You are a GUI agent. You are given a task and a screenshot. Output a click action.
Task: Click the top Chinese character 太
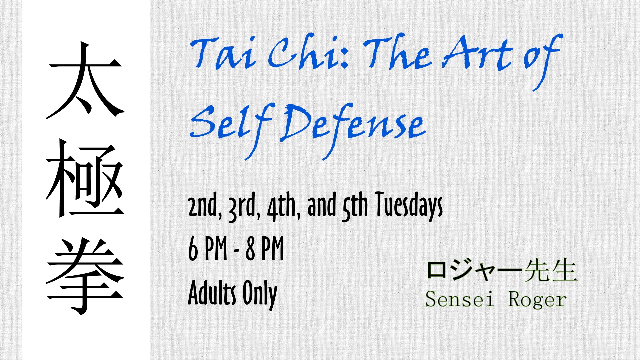85,80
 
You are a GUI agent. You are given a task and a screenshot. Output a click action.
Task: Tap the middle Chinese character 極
85,178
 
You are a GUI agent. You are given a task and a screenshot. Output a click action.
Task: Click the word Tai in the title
223,53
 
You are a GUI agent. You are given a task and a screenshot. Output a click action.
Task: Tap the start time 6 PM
208,248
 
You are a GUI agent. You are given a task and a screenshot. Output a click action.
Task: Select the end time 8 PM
265,248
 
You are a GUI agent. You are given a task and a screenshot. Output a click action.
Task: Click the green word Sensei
459,299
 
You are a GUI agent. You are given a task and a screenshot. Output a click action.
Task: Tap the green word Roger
537,300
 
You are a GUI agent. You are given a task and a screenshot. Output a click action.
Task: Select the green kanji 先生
550,270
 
